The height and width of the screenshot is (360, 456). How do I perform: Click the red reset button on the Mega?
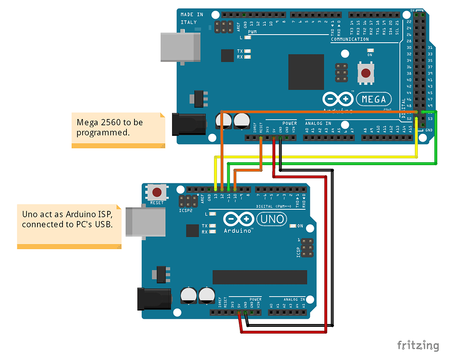366,73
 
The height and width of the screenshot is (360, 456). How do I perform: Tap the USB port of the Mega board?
180,47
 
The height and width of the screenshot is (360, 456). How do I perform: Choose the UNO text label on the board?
272,219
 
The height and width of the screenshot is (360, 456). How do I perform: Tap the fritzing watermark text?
418,345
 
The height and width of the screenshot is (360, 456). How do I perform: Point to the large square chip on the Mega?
306,72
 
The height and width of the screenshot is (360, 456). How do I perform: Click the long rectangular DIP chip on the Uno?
259,277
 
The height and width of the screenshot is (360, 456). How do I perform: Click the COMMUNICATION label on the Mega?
350,39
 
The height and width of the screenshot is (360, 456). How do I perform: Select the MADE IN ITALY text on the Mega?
192,18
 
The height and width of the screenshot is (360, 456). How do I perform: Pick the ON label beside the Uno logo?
300,226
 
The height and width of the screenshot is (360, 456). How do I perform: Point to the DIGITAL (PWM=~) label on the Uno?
275,206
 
